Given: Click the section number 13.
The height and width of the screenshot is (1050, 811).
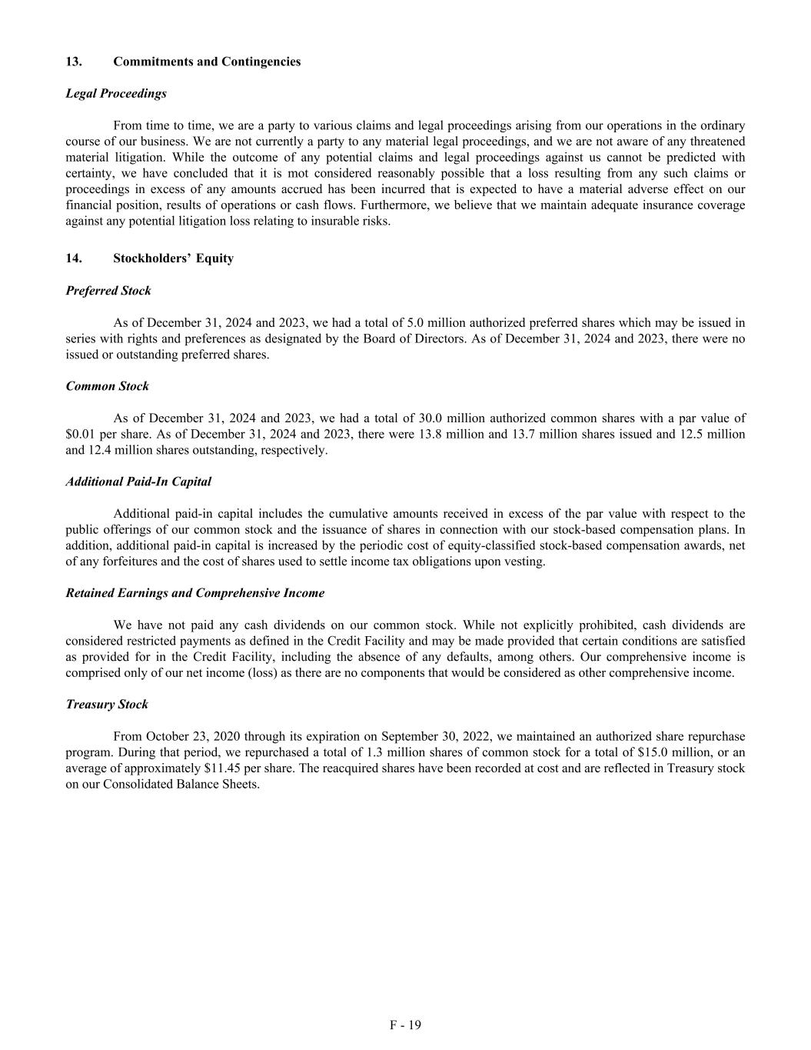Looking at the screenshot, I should (x=74, y=62).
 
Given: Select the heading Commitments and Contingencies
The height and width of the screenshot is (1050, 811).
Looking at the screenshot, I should (x=207, y=62).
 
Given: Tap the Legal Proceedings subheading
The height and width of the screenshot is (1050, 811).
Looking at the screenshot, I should (x=116, y=94).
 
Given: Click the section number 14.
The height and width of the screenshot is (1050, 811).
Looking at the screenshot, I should (x=74, y=258).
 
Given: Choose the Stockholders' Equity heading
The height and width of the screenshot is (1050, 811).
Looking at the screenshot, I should (x=173, y=258).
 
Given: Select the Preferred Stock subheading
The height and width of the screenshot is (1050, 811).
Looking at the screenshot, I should (x=108, y=291).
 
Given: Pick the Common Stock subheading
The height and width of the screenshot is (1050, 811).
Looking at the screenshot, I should (x=108, y=386).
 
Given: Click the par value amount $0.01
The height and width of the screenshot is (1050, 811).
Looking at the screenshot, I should (x=80, y=435).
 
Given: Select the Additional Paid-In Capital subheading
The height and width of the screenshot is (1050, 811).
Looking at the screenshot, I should (x=138, y=482).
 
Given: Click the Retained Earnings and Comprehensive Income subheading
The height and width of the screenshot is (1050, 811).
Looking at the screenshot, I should (x=195, y=593).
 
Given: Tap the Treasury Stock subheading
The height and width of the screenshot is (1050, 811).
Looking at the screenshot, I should (x=107, y=705).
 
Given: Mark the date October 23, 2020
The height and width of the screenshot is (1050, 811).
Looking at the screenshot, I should (x=192, y=737).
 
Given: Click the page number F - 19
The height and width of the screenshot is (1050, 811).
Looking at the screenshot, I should (x=405, y=1025).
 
